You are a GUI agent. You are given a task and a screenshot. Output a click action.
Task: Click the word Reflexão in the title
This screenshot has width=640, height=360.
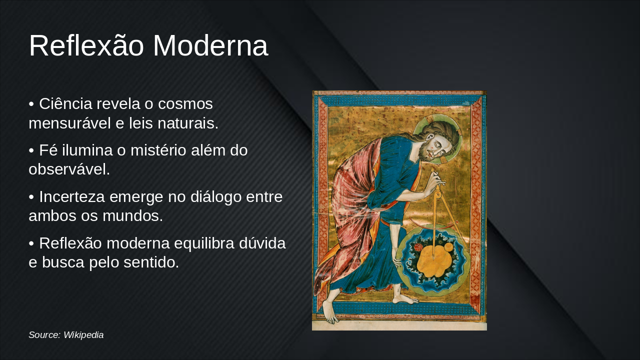point(87,46)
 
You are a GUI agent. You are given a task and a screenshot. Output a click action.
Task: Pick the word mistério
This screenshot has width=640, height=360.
point(157,150)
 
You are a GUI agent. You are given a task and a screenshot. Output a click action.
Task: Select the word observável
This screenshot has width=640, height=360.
point(69,169)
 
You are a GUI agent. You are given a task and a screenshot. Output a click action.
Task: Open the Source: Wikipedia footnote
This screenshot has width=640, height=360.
point(66,335)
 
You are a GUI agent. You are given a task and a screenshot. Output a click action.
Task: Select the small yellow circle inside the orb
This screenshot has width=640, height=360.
point(448,247)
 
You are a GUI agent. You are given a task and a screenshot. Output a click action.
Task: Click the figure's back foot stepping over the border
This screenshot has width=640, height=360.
point(329,312)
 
